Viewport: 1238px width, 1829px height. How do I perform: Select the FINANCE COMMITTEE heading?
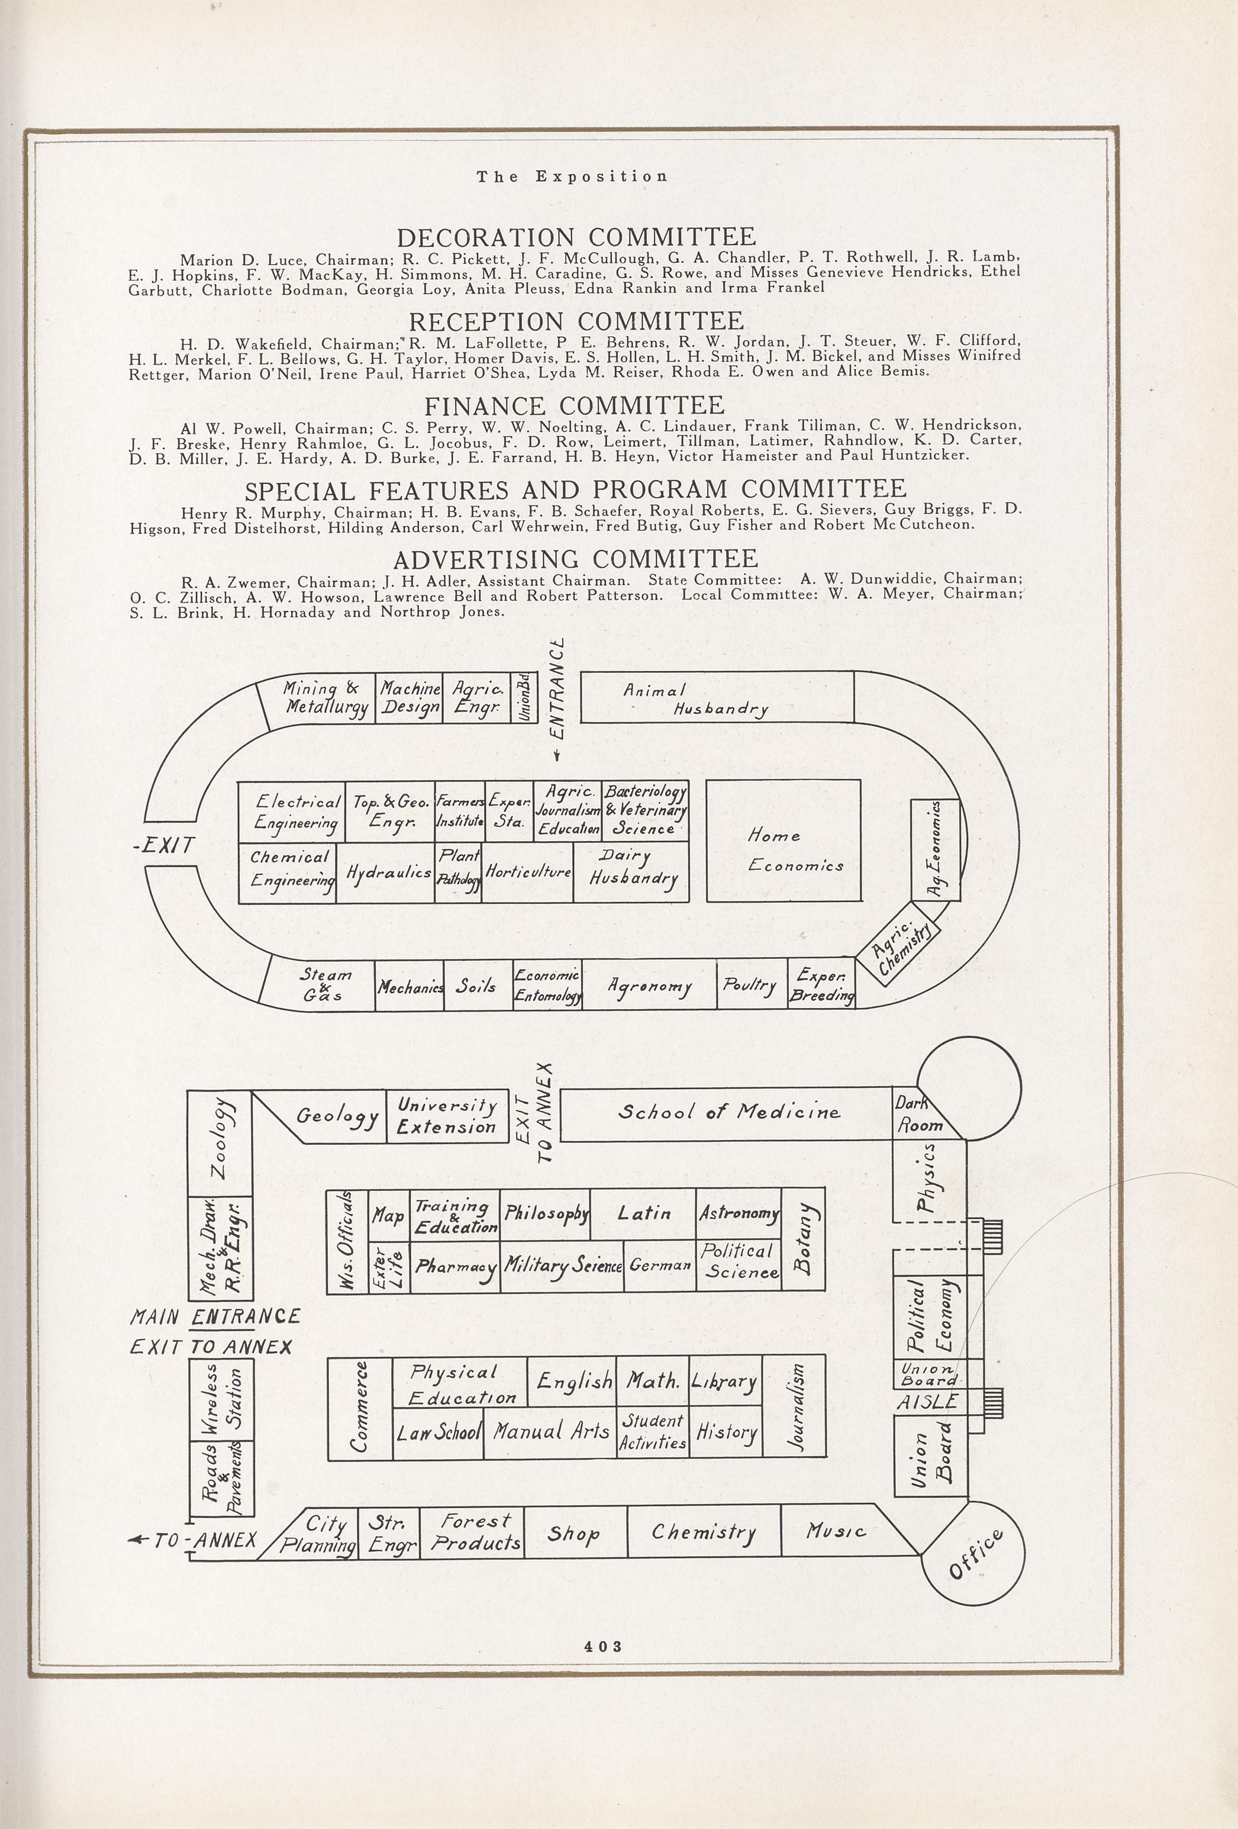[575, 405]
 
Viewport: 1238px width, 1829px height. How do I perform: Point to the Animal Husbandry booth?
[716, 697]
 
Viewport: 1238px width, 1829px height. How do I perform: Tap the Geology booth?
[337, 1116]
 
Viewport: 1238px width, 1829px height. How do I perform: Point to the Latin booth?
[643, 1213]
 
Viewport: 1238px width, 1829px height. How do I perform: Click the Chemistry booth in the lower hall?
[704, 1531]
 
